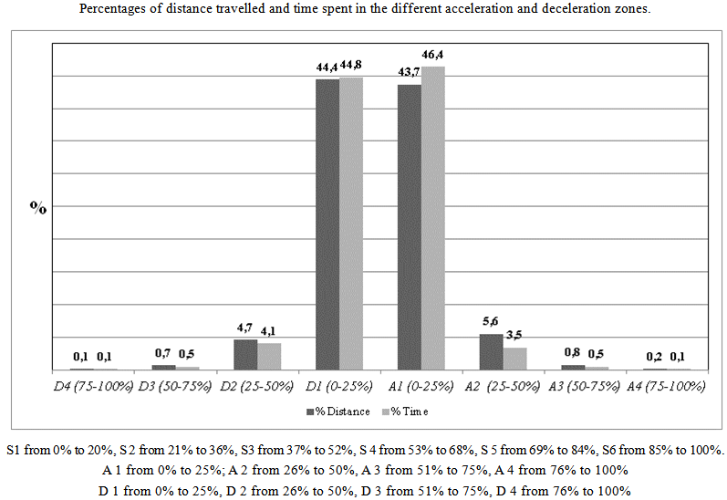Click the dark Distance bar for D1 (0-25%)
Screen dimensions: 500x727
(327, 224)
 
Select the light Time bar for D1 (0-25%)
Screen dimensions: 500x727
(351, 223)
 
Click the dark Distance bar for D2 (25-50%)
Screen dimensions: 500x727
(244, 354)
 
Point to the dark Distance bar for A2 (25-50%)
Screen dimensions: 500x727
(491, 351)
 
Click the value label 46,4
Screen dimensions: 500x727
(432, 56)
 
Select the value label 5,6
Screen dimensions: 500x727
(491, 322)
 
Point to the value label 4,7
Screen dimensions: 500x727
(244, 328)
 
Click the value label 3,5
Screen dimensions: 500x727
(515, 337)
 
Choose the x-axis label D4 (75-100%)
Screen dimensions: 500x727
(92, 386)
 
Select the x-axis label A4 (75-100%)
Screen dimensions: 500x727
(667, 386)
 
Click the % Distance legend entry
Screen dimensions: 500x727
(338, 411)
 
